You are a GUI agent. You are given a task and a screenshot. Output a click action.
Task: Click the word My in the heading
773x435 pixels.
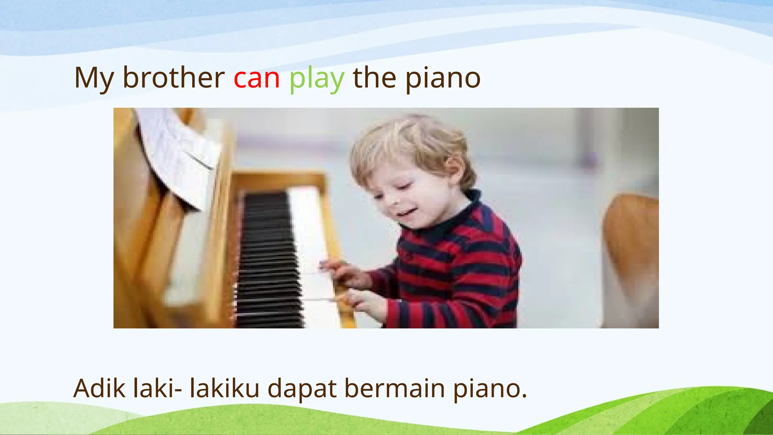(94, 79)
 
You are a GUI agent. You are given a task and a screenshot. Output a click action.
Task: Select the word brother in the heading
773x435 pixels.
(174, 78)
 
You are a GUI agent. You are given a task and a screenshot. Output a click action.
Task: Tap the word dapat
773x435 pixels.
(302, 389)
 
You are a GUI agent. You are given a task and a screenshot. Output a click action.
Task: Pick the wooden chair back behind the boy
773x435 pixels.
(630, 257)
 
